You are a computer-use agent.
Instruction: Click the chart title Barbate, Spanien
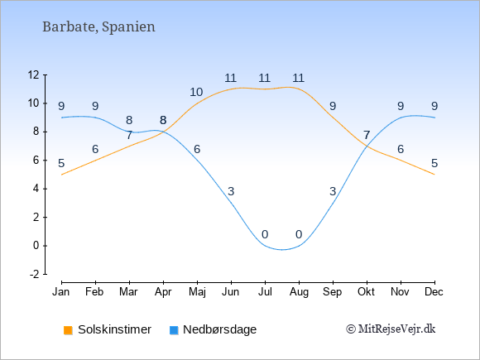(98, 27)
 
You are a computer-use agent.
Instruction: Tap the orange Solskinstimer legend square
(68, 330)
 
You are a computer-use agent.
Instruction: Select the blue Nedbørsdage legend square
(174, 330)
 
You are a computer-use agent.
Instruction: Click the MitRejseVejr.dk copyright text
(391, 329)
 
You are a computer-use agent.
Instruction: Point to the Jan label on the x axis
(61, 292)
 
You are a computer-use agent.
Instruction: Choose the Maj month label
(197, 292)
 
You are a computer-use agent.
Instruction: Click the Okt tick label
(366, 292)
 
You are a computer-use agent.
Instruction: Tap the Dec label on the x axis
(434, 292)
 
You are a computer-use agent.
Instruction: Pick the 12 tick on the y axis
(34, 74)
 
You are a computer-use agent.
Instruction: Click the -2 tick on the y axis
(35, 274)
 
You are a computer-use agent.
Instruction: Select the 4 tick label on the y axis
(36, 189)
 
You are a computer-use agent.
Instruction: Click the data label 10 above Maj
(196, 92)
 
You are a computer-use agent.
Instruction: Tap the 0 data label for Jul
(265, 234)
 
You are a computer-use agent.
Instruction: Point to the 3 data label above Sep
(333, 191)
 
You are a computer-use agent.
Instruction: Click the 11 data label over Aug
(298, 78)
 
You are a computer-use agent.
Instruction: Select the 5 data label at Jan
(61, 163)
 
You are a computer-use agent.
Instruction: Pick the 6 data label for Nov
(401, 149)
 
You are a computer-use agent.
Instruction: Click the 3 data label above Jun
(231, 191)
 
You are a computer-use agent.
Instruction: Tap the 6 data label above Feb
(95, 149)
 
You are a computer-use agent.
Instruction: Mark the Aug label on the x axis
(299, 292)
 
